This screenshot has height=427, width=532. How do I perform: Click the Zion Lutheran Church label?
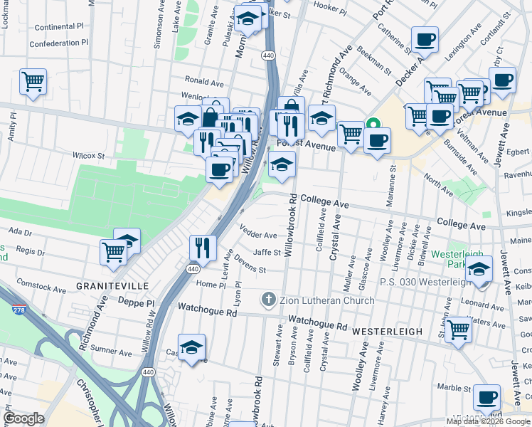(x=326, y=300)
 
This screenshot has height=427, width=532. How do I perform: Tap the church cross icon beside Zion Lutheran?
(x=269, y=300)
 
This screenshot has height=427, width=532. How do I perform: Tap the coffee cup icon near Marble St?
(x=486, y=398)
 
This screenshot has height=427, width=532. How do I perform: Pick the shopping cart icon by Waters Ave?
(x=459, y=330)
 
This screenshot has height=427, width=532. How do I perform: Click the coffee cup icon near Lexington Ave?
(x=425, y=40)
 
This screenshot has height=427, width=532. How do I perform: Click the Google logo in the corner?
(x=24, y=418)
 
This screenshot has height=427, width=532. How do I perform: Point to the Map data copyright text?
(x=487, y=421)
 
